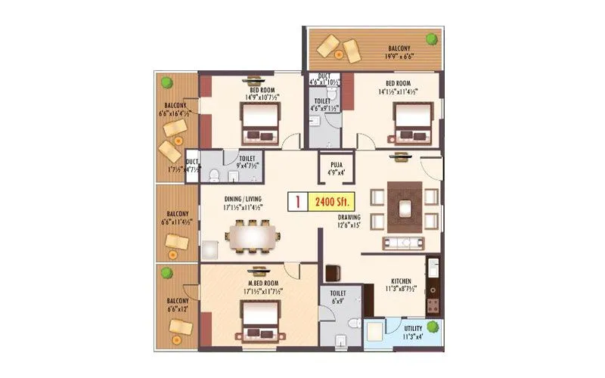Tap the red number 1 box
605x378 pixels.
pyautogui.click(x=299, y=203)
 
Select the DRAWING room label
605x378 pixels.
pyautogui.click(x=349, y=220)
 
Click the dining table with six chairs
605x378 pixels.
pyautogui.click(x=250, y=237)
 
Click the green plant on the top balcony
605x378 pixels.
pyautogui.click(x=431, y=39)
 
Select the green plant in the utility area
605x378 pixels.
pyautogui.click(x=432, y=327)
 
